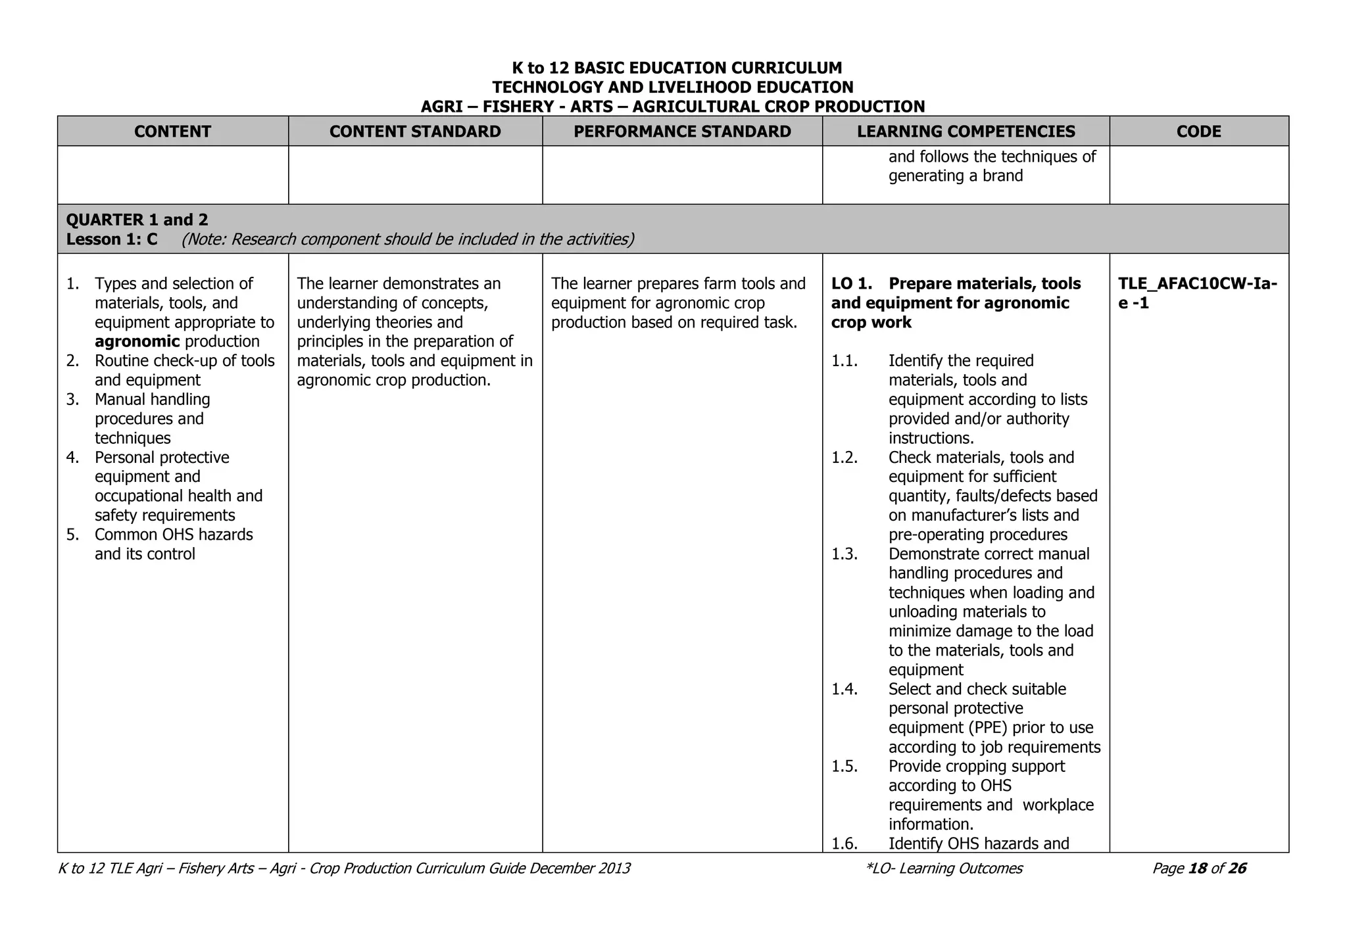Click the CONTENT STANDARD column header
click(x=415, y=131)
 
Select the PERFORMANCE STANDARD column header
click(x=682, y=131)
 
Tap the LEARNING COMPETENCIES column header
click(x=966, y=131)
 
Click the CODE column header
click(x=1198, y=131)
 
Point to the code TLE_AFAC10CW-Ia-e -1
click(x=1197, y=293)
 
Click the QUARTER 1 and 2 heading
click(x=137, y=220)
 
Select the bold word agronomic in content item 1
click(x=137, y=341)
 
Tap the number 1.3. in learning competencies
click(x=845, y=554)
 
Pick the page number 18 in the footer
click(x=1198, y=869)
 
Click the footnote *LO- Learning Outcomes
click(x=944, y=869)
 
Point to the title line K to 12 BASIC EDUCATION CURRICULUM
click(x=677, y=68)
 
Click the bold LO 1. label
click(x=852, y=284)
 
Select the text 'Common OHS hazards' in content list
click(x=174, y=535)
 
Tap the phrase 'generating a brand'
click(x=955, y=176)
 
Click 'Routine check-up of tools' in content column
click(x=184, y=361)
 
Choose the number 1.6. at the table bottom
click(x=845, y=844)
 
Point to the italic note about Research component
click(x=408, y=239)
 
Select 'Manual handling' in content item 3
click(x=152, y=400)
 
